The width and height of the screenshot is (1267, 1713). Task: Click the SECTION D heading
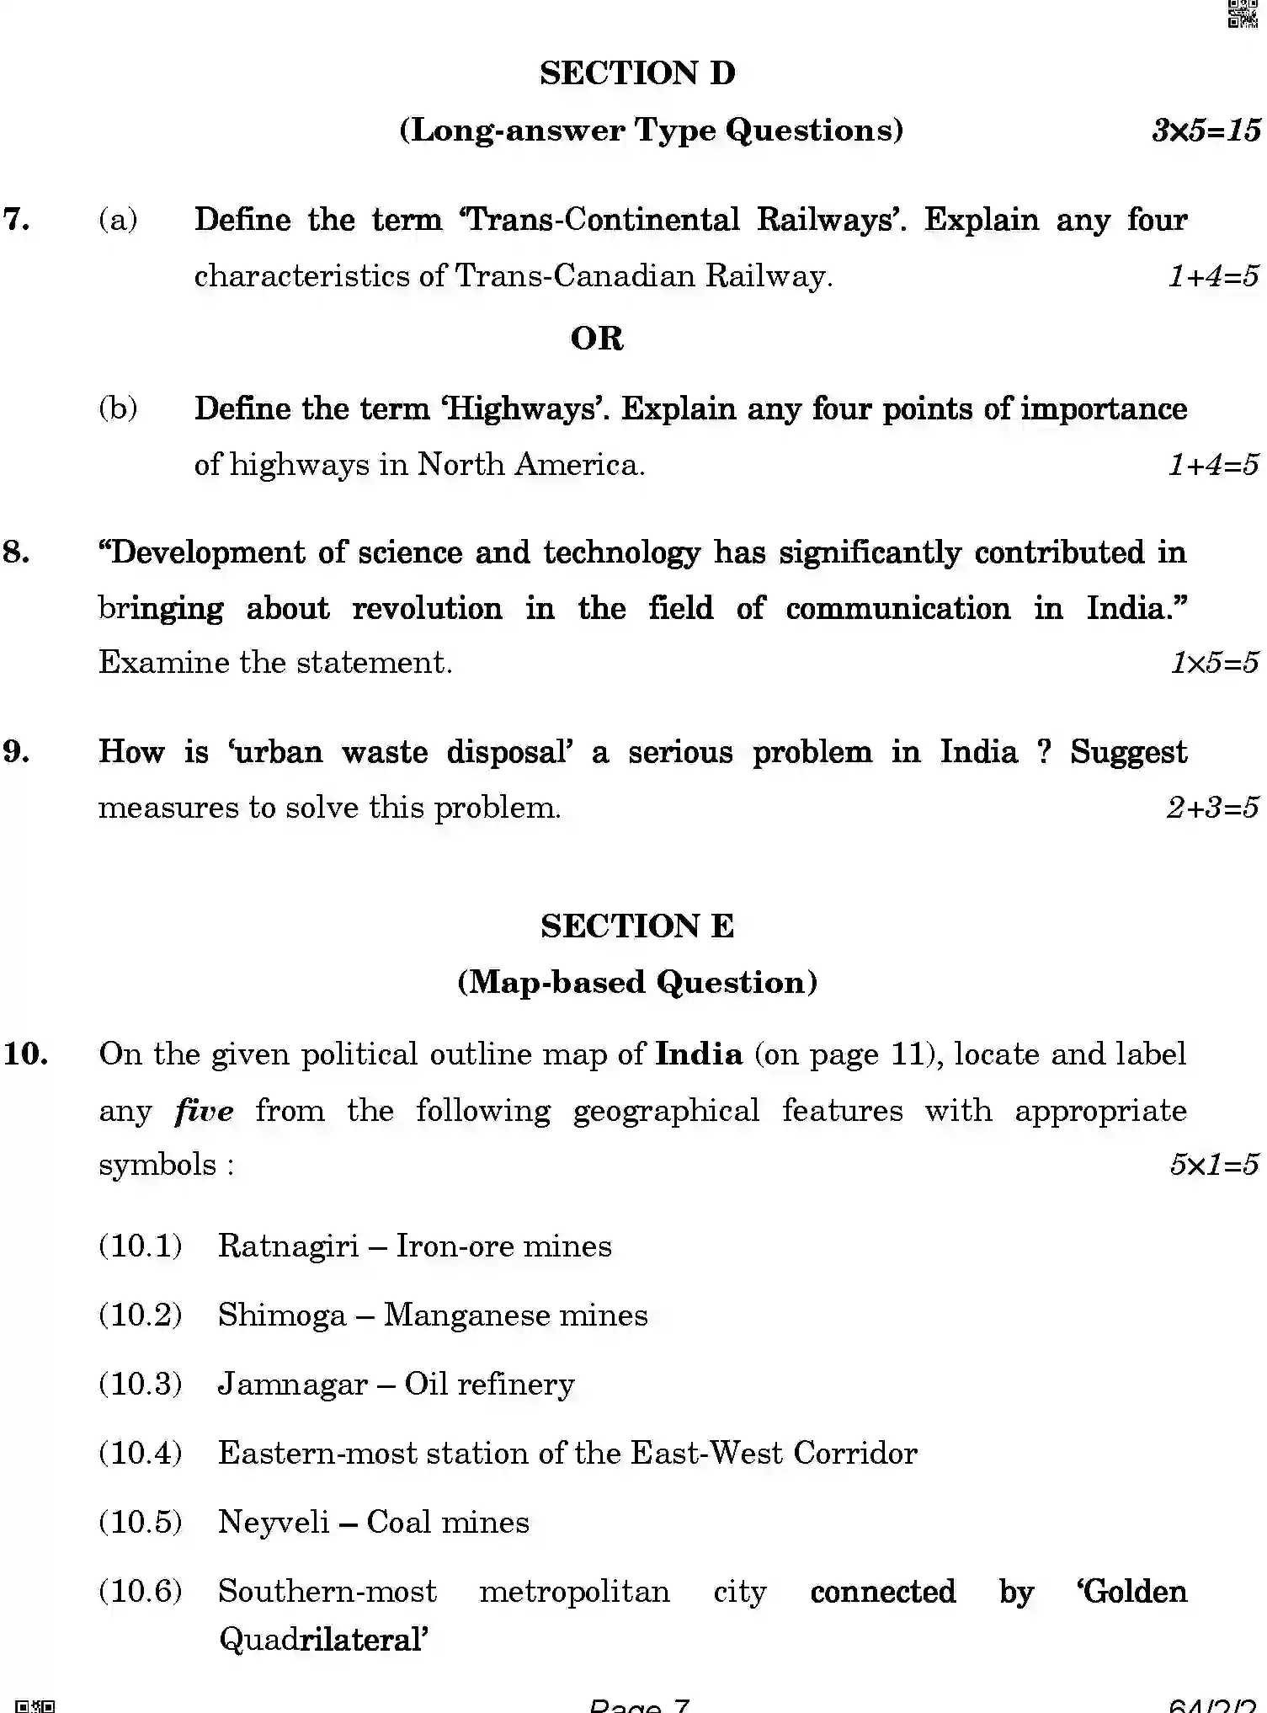tap(637, 73)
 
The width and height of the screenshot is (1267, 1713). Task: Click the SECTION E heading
tap(637, 926)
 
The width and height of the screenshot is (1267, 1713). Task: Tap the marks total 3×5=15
tap(1206, 131)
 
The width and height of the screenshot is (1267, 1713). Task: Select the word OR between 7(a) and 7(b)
tap(597, 339)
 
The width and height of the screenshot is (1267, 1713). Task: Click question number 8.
tap(17, 552)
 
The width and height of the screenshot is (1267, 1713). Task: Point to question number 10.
tap(26, 1054)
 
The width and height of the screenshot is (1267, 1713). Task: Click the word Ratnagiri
tap(288, 1246)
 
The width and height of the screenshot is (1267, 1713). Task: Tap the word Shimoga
tap(282, 1315)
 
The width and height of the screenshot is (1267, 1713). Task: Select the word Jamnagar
tap(292, 1385)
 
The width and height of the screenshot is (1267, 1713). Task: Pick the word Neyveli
tap(274, 1523)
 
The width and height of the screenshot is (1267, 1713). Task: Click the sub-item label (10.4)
tap(140, 1454)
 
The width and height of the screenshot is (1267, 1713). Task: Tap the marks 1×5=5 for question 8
tap(1214, 663)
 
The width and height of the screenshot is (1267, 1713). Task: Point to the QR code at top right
tap(1243, 14)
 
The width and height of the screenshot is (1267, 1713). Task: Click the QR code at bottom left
tap(35, 1705)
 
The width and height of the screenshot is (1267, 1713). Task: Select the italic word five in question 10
tap(204, 1111)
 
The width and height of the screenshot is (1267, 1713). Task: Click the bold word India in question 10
tap(699, 1054)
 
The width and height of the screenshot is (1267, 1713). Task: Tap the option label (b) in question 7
tap(118, 408)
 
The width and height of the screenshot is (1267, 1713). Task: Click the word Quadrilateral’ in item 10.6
tap(324, 1639)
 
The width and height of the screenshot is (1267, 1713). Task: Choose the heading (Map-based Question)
tap(637, 982)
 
